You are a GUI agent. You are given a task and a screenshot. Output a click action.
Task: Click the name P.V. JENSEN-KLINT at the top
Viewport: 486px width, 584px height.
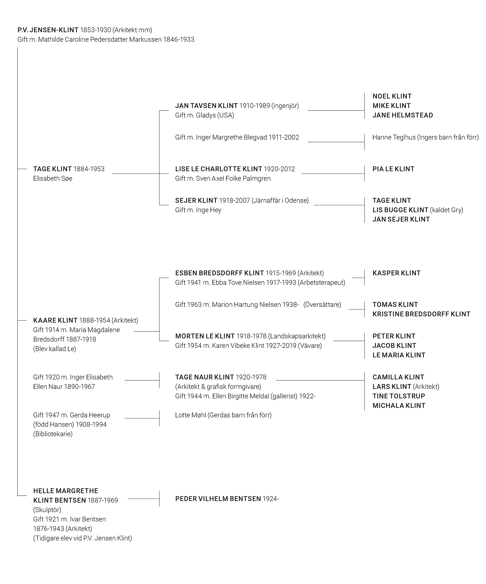pyautogui.click(x=48, y=30)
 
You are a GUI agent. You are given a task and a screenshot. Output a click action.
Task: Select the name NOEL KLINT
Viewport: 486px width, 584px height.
pyautogui.click(x=392, y=96)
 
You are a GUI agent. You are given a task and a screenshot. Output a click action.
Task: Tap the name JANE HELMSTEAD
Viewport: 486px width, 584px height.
pyautogui.click(x=403, y=115)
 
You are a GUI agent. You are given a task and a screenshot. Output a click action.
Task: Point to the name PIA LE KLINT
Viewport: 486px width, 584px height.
pyautogui.click(x=393, y=169)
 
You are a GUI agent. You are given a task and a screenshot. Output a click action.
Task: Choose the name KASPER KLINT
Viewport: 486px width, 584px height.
pyautogui.click(x=396, y=273)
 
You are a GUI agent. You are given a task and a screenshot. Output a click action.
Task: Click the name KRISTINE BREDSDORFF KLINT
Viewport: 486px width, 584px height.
pyautogui.click(x=421, y=314)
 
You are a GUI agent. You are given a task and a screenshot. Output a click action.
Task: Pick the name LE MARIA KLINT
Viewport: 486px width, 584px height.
pyautogui.click(x=399, y=355)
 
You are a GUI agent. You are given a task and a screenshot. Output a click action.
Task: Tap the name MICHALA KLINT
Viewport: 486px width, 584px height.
pyautogui.click(x=399, y=405)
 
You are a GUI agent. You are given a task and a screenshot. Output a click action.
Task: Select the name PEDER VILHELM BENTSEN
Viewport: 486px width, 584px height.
pyautogui.click(x=218, y=499)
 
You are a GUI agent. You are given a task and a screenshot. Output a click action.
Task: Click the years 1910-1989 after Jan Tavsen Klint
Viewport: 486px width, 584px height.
pyautogui.click(x=254, y=106)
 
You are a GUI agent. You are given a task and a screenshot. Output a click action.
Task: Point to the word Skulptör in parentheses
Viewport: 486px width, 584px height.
pyautogui.click(x=47, y=510)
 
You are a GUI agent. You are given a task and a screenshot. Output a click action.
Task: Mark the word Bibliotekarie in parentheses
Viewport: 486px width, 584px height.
pyautogui.click(x=53, y=434)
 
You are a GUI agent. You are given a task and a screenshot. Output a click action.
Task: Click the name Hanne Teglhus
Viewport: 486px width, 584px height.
pyautogui.click(x=394, y=137)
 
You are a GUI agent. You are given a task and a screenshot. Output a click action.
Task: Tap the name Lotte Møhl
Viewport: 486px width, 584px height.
pyautogui.click(x=190, y=415)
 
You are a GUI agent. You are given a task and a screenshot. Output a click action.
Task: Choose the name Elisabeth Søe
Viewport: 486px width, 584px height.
pyautogui.click(x=53, y=178)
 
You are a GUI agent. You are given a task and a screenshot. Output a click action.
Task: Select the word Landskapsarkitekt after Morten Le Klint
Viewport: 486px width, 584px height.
pyautogui.click(x=297, y=336)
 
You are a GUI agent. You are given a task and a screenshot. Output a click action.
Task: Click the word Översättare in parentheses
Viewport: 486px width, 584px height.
pyautogui.click(x=322, y=304)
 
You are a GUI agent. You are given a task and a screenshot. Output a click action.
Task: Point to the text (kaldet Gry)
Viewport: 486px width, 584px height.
pyautogui.click(x=447, y=210)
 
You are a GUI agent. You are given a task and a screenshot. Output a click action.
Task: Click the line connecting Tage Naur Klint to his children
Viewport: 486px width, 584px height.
pyautogui.click(x=320, y=380)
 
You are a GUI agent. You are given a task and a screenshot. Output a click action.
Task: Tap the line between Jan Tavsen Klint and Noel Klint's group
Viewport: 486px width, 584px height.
pyautogui.click(x=336, y=110)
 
